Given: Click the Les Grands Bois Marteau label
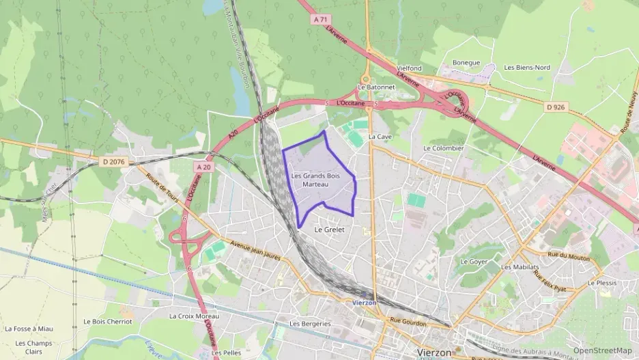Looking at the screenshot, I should pos(315,180).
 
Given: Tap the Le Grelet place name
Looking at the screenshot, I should pos(329,230).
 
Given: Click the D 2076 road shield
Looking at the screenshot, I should pos(113,162).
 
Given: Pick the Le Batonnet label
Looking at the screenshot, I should pos(371,87).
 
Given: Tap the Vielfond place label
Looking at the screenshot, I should pos(410,69).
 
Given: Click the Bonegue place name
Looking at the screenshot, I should pos(466,63).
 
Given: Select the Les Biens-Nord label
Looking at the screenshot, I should pos(527,68).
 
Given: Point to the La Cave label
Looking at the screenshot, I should pos(380,137).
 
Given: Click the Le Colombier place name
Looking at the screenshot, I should pos(444,148).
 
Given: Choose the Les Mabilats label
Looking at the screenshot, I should pos(520,267).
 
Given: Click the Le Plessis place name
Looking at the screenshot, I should pos(601,283).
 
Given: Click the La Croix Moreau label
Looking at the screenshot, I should pos(194,317).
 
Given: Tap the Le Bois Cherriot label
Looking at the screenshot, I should pos(107,321).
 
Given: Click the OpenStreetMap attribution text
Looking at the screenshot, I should pos(603,350).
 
